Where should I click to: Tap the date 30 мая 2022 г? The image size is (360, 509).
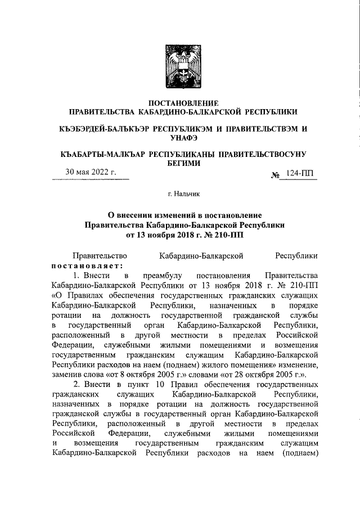[91, 172]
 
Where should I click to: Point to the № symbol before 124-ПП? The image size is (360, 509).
[276, 175]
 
